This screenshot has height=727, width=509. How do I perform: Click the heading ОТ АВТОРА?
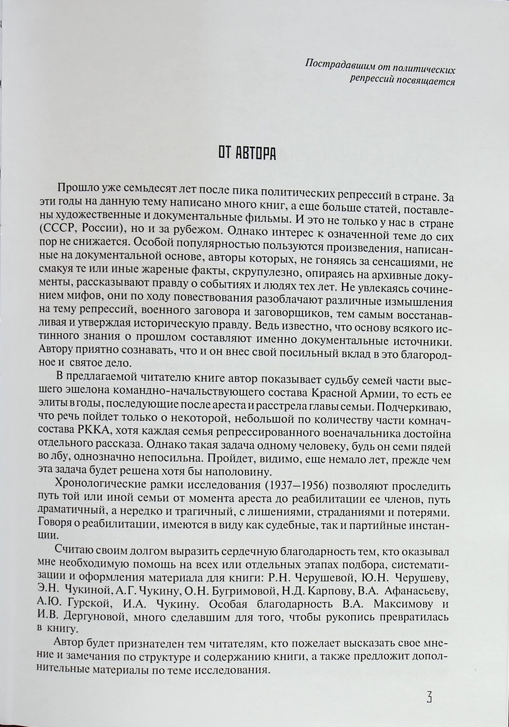tap(247, 154)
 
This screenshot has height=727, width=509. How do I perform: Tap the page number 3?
tap(429, 697)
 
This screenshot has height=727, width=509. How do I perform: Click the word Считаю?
tap(75, 551)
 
